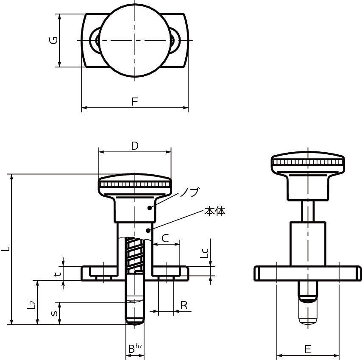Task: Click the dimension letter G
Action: click(x=53, y=40)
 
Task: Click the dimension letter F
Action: click(x=135, y=102)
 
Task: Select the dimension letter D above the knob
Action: click(x=135, y=146)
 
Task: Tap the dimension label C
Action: click(x=165, y=238)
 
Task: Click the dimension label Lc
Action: click(x=204, y=253)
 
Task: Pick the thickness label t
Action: click(x=58, y=273)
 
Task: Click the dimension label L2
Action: click(x=31, y=305)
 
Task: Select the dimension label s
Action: click(x=55, y=313)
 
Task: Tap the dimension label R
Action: click(x=184, y=305)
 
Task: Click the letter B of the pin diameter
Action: click(x=131, y=349)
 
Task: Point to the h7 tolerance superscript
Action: click(x=139, y=346)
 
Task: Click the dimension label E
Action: click(x=308, y=349)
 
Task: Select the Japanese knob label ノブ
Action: click(x=189, y=192)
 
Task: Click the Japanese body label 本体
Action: click(x=215, y=212)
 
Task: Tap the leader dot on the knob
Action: click(x=150, y=208)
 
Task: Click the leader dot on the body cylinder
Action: click(x=148, y=230)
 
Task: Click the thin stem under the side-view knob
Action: click(x=308, y=211)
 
